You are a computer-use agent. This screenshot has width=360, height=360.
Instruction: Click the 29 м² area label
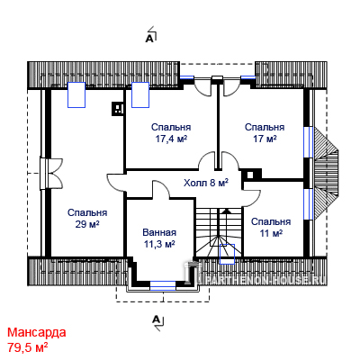[x=87, y=224]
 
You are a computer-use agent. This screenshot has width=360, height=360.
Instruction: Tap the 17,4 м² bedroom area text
[x=171, y=139]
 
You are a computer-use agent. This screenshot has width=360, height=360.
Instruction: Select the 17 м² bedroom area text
[x=265, y=139]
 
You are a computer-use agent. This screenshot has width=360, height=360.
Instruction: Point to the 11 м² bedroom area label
[x=271, y=233]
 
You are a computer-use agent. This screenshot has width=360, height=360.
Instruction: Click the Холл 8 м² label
[x=206, y=183]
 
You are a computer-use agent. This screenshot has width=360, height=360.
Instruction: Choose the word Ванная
[x=159, y=232]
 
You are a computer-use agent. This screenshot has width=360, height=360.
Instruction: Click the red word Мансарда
[x=37, y=333]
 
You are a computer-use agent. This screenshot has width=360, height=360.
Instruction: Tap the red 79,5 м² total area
[x=28, y=347]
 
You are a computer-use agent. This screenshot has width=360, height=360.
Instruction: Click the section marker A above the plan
[x=149, y=39]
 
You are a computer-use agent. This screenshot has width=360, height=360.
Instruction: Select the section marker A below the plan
[x=156, y=319]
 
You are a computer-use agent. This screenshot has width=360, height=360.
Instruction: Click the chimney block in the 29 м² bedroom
[x=118, y=109]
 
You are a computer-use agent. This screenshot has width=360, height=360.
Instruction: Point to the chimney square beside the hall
[x=251, y=175]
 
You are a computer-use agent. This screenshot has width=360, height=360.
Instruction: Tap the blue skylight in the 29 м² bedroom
[x=76, y=94]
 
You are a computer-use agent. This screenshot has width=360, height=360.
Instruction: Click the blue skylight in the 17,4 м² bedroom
[x=140, y=94]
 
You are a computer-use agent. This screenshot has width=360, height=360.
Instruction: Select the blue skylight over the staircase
[x=227, y=254]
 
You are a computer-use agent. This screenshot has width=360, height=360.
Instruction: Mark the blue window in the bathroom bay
[x=163, y=285]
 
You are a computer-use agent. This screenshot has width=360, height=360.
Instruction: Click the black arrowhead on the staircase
[x=227, y=211]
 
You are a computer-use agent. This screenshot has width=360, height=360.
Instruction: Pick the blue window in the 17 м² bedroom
[x=308, y=142]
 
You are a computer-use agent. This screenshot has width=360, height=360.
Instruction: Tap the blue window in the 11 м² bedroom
[x=308, y=204]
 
